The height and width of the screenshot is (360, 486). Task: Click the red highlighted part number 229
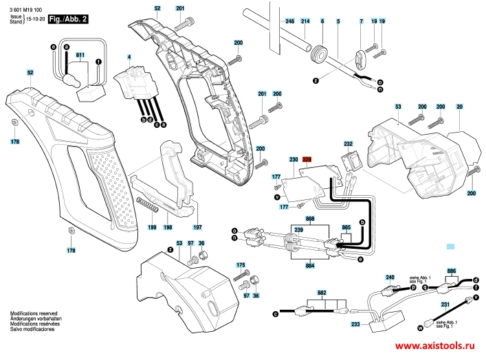(307, 159)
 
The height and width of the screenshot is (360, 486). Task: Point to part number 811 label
(80, 54)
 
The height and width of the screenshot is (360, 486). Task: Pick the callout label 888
(311, 218)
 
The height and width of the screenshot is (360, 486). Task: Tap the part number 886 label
(451, 271)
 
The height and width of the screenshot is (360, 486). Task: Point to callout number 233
(355, 324)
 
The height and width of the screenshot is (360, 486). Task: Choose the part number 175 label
(241, 265)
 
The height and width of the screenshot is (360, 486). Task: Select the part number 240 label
(390, 277)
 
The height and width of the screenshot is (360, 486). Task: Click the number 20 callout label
(459, 106)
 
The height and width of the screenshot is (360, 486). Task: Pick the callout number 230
(294, 159)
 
